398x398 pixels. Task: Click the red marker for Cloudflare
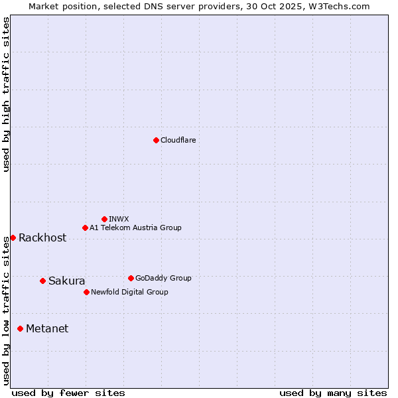156,140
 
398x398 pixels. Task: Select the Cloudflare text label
178,140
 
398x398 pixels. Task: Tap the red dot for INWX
104,219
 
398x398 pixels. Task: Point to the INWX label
119,219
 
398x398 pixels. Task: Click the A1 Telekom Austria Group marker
85,228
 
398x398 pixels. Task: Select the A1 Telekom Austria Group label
135,228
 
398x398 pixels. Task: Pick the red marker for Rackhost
13,237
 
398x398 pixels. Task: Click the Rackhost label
42,238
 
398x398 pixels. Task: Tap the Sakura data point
42,281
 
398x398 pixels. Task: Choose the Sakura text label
66,281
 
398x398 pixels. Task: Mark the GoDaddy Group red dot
131,278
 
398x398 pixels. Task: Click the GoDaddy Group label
163,278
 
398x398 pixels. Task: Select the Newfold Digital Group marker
86,292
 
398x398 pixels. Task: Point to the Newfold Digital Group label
129,292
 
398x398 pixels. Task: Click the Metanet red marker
20,328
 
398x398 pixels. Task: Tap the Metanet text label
47,329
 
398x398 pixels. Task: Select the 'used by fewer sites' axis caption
68,393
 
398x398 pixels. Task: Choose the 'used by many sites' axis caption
333,393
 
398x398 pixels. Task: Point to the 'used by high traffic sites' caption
6,94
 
